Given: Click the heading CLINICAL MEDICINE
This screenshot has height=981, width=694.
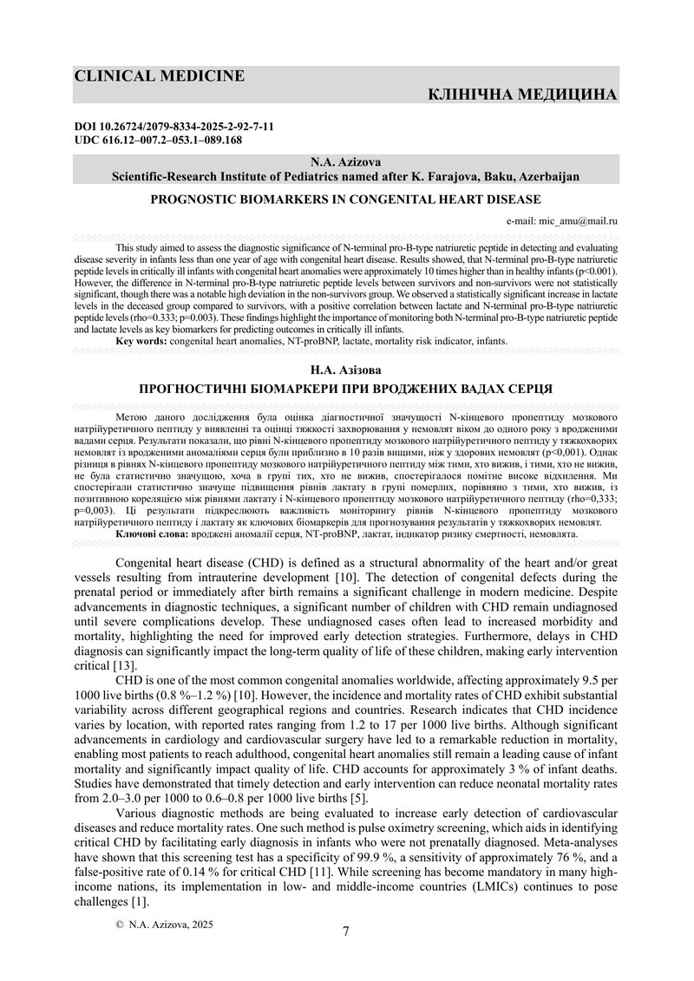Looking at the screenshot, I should click(159, 76).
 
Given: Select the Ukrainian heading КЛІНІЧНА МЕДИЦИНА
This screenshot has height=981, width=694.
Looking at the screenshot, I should click(523, 94).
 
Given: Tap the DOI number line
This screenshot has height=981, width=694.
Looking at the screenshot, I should click(174, 127).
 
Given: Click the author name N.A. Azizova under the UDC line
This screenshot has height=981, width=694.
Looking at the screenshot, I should click(346, 162).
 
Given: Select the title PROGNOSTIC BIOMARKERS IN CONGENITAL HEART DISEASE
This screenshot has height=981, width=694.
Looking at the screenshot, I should click(346, 199).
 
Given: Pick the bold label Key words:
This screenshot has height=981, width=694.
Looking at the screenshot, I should click(141, 342).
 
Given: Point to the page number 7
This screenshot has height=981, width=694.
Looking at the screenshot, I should click(346, 932).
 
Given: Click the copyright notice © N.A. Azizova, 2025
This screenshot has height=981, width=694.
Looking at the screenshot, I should click(164, 925).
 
